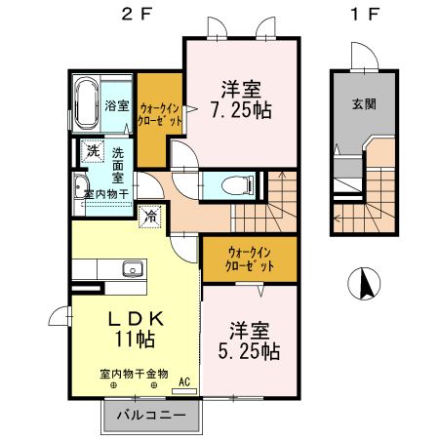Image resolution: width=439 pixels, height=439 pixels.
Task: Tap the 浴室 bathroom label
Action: pos(116,105)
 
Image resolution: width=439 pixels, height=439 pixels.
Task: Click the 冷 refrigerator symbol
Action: pos(150,217)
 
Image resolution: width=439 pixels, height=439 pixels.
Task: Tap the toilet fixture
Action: pos(237,183)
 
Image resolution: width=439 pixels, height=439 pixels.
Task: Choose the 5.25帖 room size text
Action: pos(256,339)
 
